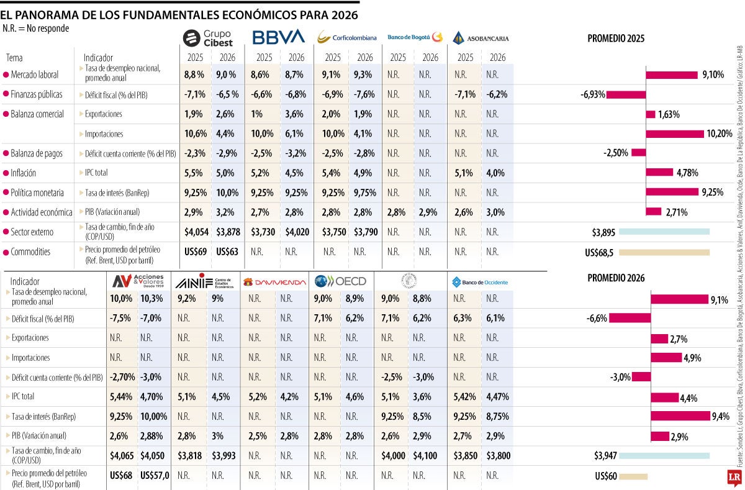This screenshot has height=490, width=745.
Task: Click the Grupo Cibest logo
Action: point(208,38)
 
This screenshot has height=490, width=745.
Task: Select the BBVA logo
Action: point(278,37)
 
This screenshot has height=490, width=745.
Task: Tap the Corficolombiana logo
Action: point(346,38)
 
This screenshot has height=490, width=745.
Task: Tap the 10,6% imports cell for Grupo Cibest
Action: point(194,134)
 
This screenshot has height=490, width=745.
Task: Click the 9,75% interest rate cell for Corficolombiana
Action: point(364,193)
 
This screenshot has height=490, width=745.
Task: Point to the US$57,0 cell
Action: point(155,476)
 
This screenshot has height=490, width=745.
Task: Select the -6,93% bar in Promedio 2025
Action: point(626,94)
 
